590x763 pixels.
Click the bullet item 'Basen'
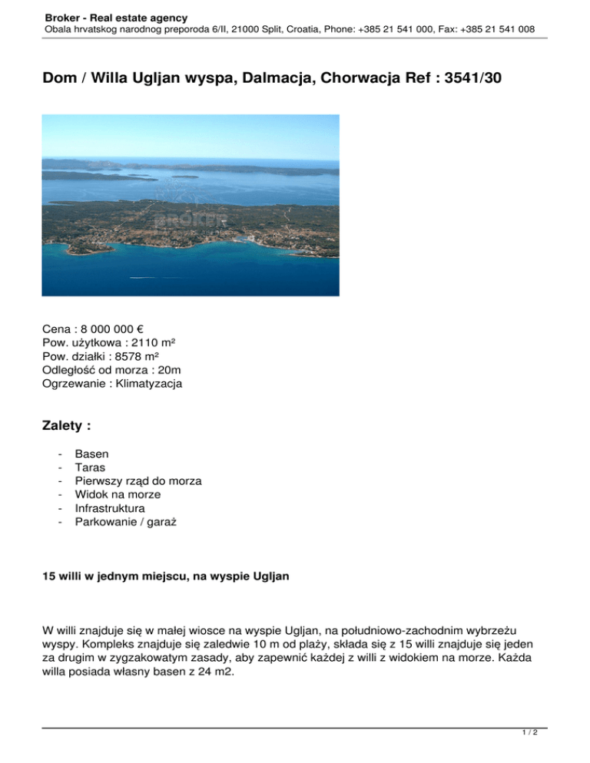point(91,453)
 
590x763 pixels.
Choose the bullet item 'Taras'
point(90,467)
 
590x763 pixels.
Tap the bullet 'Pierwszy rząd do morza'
point(138,481)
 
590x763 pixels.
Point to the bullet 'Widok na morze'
point(118,494)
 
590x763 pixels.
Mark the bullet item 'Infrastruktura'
point(109,508)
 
